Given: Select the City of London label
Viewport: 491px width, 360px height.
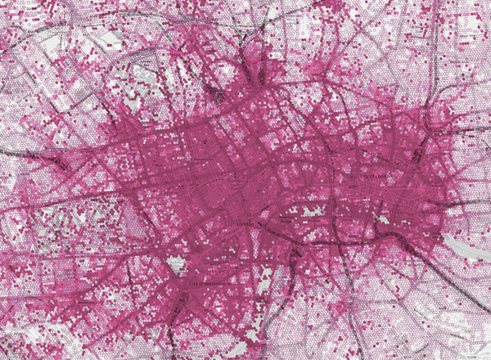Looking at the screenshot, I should pos(374,174).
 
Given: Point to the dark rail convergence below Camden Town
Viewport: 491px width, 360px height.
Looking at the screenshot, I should pos(245,61).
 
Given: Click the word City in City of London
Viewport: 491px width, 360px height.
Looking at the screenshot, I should pos(363,174).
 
